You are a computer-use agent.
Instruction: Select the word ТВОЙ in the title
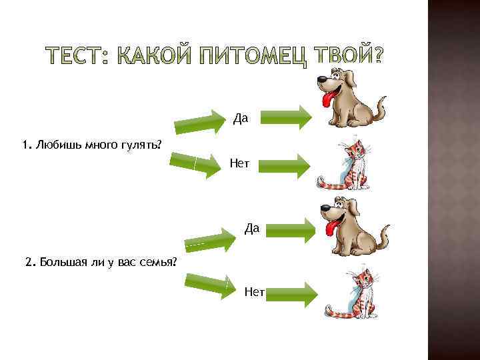click(x=351, y=59)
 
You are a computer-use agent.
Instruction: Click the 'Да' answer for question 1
click(x=241, y=119)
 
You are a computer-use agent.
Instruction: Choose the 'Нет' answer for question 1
click(x=240, y=163)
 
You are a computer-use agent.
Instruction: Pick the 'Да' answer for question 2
click(x=252, y=229)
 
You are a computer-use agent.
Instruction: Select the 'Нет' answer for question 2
click(x=255, y=291)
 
